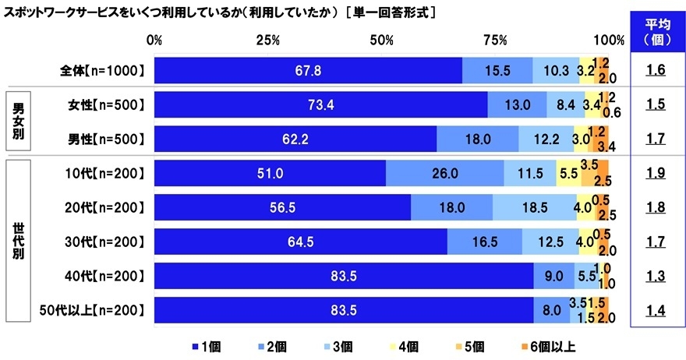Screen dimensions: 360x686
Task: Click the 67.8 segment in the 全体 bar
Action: click(x=308, y=71)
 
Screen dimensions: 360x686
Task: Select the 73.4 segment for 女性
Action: click(x=320, y=105)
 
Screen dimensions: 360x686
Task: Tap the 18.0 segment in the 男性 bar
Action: click(x=477, y=139)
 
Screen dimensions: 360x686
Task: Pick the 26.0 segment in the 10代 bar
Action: click(x=444, y=174)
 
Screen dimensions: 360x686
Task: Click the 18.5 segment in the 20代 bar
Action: click(x=534, y=208)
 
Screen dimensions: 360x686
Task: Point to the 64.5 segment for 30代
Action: click(x=301, y=242)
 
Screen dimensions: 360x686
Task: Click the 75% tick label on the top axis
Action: click(x=495, y=40)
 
